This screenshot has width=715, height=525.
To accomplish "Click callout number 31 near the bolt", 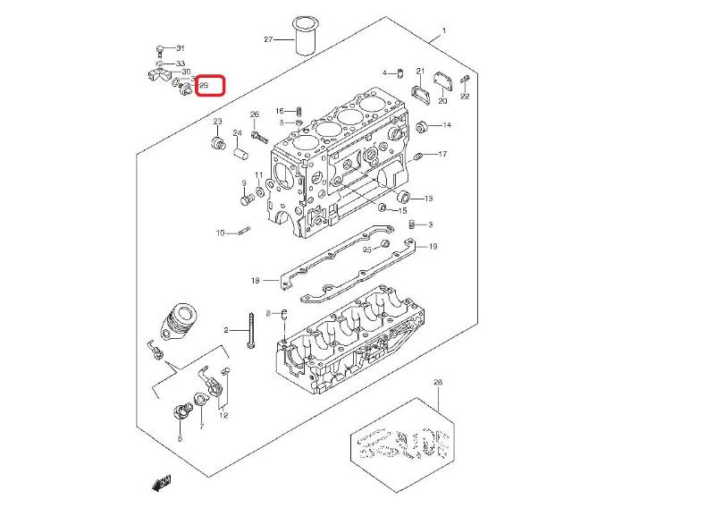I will (180, 47).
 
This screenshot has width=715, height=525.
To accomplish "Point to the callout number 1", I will (445, 33).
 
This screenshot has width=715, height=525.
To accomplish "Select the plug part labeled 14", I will (424, 125).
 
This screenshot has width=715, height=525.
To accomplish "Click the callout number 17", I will (442, 154).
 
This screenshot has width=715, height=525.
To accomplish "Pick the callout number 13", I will (428, 199).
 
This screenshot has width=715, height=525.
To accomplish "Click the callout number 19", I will (433, 246).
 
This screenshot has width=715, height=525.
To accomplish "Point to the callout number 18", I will (255, 281).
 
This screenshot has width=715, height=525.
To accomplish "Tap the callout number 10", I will (220, 233).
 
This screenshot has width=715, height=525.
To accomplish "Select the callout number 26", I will (255, 114).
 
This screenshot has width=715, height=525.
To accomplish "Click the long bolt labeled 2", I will (255, 331).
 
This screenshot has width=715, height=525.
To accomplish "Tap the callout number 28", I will (438, 383).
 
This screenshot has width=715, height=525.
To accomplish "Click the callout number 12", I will (223, 415).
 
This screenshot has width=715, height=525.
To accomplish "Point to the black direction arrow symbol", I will (162, 484).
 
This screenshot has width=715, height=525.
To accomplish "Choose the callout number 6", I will (180, 439).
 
